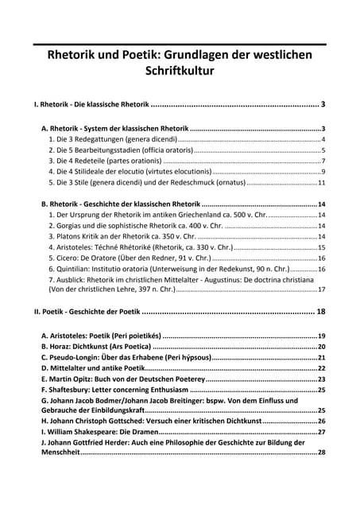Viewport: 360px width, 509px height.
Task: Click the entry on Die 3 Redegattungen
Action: [x=112, y=139]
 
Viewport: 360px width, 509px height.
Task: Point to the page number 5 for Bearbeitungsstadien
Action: [x=323, y=150]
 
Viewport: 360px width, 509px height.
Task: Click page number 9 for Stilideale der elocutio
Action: [x=323, y=171]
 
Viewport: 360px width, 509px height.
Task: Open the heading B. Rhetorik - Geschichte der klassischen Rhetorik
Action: [x=120, y=204]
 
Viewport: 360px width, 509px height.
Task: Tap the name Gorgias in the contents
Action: [x=70, y=226]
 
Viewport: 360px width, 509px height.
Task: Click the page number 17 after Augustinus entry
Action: [x=322, y=289]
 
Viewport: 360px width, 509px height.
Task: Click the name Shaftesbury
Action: [x=73, y=390]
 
